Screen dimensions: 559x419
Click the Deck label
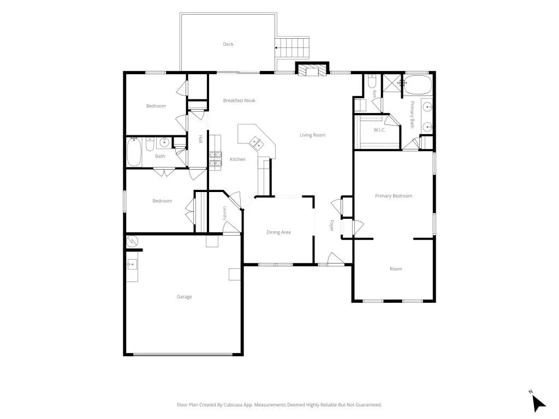[228, 44]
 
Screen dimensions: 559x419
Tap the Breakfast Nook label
[239, 100]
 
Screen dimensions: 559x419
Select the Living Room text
[312, 135]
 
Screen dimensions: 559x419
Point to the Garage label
[185, 297]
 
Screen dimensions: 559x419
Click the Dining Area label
[278, 232]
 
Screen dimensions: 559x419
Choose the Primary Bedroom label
[394, 196]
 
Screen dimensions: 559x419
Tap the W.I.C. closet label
[379, 130]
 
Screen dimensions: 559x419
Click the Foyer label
[331, 225]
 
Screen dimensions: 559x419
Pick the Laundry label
[225, 213]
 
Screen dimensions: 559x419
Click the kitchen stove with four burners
[215, 159]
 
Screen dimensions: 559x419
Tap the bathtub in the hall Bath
[134, 153]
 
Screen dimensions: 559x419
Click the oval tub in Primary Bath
[418, 85]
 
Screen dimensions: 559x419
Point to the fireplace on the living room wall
[312, 70]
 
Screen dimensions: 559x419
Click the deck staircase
[292, 47]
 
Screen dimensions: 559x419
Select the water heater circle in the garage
[132, 241]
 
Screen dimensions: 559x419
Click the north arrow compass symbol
[538, 403]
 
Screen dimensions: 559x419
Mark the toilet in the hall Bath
[150, 144]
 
